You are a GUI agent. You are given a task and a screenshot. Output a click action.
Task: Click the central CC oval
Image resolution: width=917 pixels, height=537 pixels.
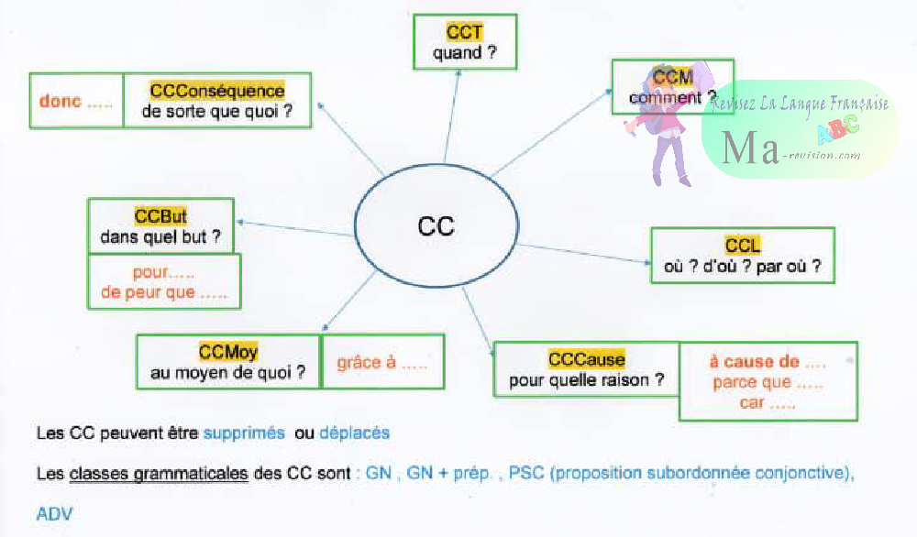435,225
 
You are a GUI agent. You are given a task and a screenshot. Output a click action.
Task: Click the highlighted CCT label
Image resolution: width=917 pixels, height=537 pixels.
465,33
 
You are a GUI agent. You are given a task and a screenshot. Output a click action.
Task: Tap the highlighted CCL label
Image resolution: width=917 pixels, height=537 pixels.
743,246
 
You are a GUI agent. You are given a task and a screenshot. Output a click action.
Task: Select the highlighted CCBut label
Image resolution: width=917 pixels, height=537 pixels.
160,217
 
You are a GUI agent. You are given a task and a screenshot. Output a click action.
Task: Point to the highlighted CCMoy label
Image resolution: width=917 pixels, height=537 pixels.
228,352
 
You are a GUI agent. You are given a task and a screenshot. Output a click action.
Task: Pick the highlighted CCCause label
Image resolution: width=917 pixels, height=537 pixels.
586,359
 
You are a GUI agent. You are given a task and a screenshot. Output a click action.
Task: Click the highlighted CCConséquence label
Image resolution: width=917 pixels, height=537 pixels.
217,91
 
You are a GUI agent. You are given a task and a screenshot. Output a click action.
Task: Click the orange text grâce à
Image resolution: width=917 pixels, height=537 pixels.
366,362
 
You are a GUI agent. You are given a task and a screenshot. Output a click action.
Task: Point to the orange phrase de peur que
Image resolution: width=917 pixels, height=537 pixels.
151,293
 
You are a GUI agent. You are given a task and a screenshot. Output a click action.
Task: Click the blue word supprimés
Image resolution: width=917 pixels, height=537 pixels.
244,433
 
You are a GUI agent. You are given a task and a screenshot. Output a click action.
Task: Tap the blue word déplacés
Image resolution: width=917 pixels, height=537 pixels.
354,433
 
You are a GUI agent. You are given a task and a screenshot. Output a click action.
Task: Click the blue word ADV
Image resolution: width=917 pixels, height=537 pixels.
54,513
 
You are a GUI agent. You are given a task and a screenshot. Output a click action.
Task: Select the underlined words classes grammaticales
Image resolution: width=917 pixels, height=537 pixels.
158,474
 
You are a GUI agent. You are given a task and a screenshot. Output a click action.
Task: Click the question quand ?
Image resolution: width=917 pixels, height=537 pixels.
465,53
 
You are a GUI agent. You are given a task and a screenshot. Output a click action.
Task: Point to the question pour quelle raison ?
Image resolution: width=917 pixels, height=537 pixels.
586,379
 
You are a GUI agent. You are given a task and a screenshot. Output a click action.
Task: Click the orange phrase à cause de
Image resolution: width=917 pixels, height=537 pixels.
754,362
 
